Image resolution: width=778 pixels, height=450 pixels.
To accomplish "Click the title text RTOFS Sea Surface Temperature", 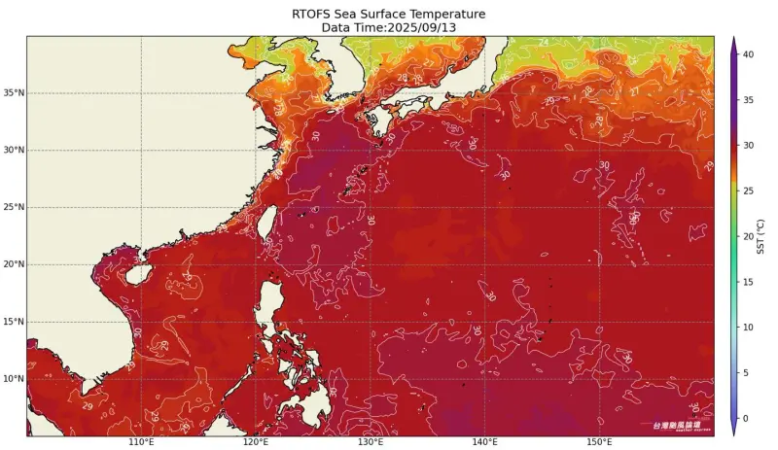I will [x=388, y=14].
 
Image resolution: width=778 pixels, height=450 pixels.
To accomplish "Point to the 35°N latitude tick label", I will [x=13, y=93].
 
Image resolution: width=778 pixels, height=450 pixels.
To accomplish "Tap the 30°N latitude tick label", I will [x=13, y=151].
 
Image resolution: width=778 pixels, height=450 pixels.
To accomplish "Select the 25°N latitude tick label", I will [x=13, y=207].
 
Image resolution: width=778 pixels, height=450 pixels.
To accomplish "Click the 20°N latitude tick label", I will [x=13, y=264].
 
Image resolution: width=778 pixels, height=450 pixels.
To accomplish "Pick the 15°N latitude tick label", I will [x=13, y=322].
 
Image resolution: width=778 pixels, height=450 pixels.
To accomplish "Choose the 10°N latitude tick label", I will [x=13, y=378].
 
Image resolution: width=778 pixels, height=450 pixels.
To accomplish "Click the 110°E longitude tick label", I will [x=141, y=443].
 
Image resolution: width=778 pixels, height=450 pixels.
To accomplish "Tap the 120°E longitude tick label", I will [x=256, y=443].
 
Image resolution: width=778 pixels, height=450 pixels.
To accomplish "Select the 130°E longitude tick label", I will [x=371, y=443].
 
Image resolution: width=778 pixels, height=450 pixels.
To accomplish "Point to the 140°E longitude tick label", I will [x=485, y=443].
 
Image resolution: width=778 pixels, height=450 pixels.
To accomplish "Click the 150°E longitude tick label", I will [x=600, y=443].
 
